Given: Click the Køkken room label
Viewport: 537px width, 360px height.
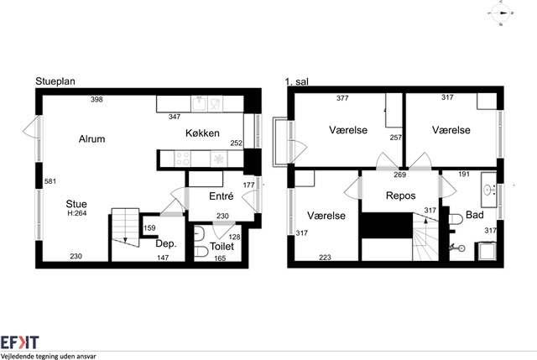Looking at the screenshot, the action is coord(202,133).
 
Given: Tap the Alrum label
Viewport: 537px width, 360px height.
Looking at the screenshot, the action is coord(91,138).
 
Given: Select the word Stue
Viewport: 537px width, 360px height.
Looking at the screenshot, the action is coord(76,204).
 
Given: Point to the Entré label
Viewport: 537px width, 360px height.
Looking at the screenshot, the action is coord(222,196).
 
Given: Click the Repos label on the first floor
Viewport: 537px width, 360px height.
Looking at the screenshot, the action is coord(401,196).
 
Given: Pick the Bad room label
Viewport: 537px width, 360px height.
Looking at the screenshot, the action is coord(475,215).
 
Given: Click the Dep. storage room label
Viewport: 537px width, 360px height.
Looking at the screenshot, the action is coord(166,243).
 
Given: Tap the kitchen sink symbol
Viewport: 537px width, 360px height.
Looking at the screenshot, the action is coord(199,103).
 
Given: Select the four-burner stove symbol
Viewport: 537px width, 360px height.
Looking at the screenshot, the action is coord(183,159).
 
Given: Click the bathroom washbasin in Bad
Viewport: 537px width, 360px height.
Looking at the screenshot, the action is coord(488,190).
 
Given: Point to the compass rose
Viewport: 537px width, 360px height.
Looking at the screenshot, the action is coord(500,13).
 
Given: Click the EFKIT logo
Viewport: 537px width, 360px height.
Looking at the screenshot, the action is coord(19,342).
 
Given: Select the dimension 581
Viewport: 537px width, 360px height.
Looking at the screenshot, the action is coord(50,181).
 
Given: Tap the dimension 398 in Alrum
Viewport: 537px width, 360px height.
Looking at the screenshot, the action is coord(96,99).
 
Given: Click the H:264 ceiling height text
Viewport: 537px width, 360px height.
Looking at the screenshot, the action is coord(77,213).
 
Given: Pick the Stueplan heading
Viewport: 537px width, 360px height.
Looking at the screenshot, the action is coord(55,81).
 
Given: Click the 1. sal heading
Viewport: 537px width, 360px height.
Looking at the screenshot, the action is coord(296,81).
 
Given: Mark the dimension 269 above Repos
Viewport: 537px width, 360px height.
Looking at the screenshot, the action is coord(399,175).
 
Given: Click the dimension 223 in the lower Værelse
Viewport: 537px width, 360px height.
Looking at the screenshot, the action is coord(325,258).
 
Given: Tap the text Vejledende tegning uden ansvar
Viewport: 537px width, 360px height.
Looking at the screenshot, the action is coord(49,357).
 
